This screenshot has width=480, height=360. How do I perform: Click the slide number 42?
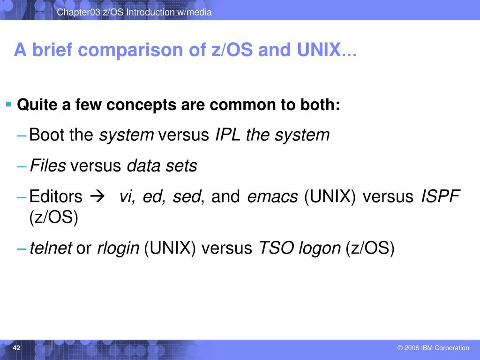coord(17,348)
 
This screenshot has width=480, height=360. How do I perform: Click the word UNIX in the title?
coord(318,50)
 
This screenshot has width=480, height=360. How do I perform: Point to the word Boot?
coord(47,135)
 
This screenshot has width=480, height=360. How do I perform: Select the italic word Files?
coord(48,165)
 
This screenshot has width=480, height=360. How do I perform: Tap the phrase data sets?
coord(162,165)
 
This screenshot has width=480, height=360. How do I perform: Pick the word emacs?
coord(272,196)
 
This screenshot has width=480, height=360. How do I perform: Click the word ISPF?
coord(441,196)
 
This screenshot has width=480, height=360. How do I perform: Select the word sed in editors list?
coord(187,196)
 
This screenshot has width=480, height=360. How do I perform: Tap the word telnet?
coord(51,248)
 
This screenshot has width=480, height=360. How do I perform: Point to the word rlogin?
coord(118,248)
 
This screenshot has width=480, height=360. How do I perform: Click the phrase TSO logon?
coord(300,248)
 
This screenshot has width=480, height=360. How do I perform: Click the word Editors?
coord(56,196)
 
